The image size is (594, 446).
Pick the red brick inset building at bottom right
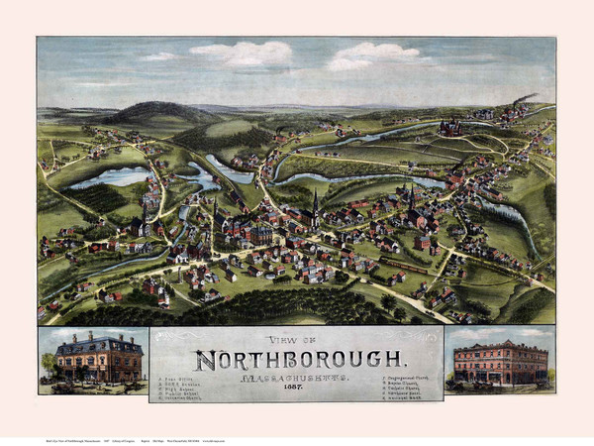[499, 363]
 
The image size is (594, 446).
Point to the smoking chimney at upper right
[521, 101]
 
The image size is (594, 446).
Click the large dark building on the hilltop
[450, 127]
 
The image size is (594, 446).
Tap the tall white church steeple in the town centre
[315, 205]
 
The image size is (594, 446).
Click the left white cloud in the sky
[243, 54]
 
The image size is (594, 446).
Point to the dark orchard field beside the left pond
[100, 198]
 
